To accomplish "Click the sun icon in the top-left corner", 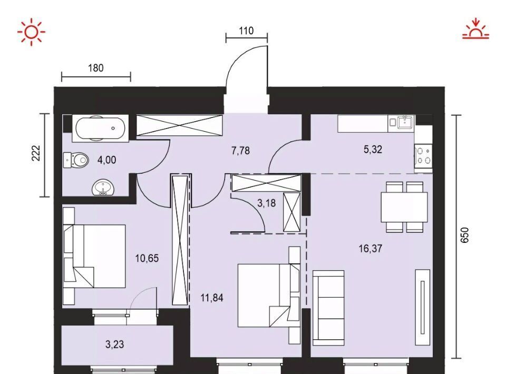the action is click(31, 32).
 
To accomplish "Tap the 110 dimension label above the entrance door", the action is click(246, 31).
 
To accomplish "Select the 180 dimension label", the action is click(96, 68).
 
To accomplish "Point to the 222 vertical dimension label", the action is click(36, 153).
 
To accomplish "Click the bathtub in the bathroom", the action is click(100, 129).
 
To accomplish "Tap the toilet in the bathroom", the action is click(76, 160).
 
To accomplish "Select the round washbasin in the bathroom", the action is click(103, 188).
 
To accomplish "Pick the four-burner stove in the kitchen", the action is click(424, 155).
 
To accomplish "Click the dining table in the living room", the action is click(404, 208).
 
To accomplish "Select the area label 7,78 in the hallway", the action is click(240, 151).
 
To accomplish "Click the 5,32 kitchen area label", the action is click(373, 149).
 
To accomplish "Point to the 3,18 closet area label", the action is click(267, 203).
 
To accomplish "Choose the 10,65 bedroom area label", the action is click(147, 258).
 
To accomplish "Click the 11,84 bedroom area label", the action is click(212, 298).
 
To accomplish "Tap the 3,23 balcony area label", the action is click(114, 345).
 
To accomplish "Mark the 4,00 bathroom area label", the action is click(107, 160).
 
